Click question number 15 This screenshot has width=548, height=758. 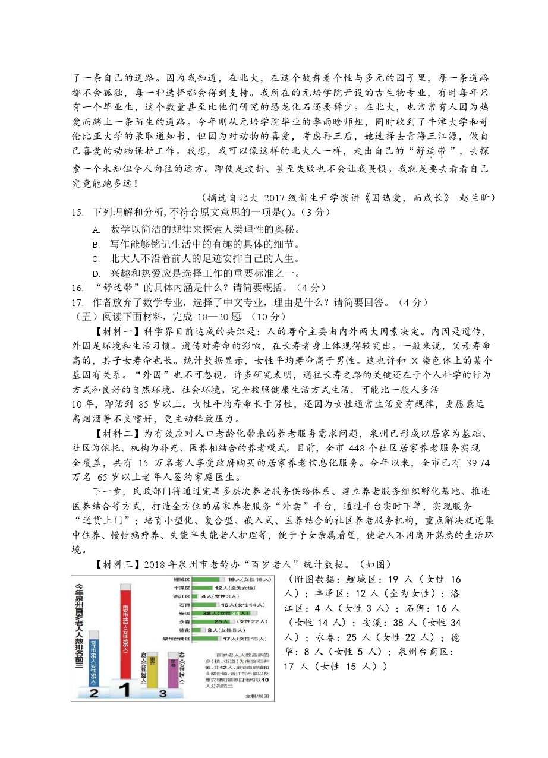(75, 213)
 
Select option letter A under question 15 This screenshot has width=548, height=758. (95, 229)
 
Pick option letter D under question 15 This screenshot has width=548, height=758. (95, 273)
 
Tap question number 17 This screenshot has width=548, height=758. (75, 302)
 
